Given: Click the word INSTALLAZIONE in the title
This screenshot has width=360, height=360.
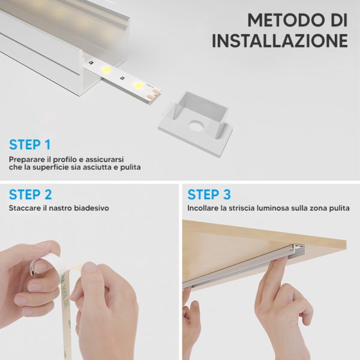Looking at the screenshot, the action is [280, 41].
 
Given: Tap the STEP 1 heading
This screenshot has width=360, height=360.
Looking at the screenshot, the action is [30, 145].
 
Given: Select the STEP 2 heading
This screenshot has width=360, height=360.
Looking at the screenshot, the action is [31, 194].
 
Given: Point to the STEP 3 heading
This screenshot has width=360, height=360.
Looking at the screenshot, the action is [209, 194].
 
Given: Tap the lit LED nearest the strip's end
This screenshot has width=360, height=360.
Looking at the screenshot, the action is [139, 86].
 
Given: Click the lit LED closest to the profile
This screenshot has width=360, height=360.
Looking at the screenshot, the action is [106, 70].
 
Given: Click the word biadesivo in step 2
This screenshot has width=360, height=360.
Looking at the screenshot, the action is [91, 208].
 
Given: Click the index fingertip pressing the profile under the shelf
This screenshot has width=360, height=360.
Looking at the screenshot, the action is [282, 260].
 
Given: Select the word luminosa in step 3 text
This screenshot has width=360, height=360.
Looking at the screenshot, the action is [272, 208].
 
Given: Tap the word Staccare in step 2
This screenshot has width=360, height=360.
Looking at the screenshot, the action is [25, 208].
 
